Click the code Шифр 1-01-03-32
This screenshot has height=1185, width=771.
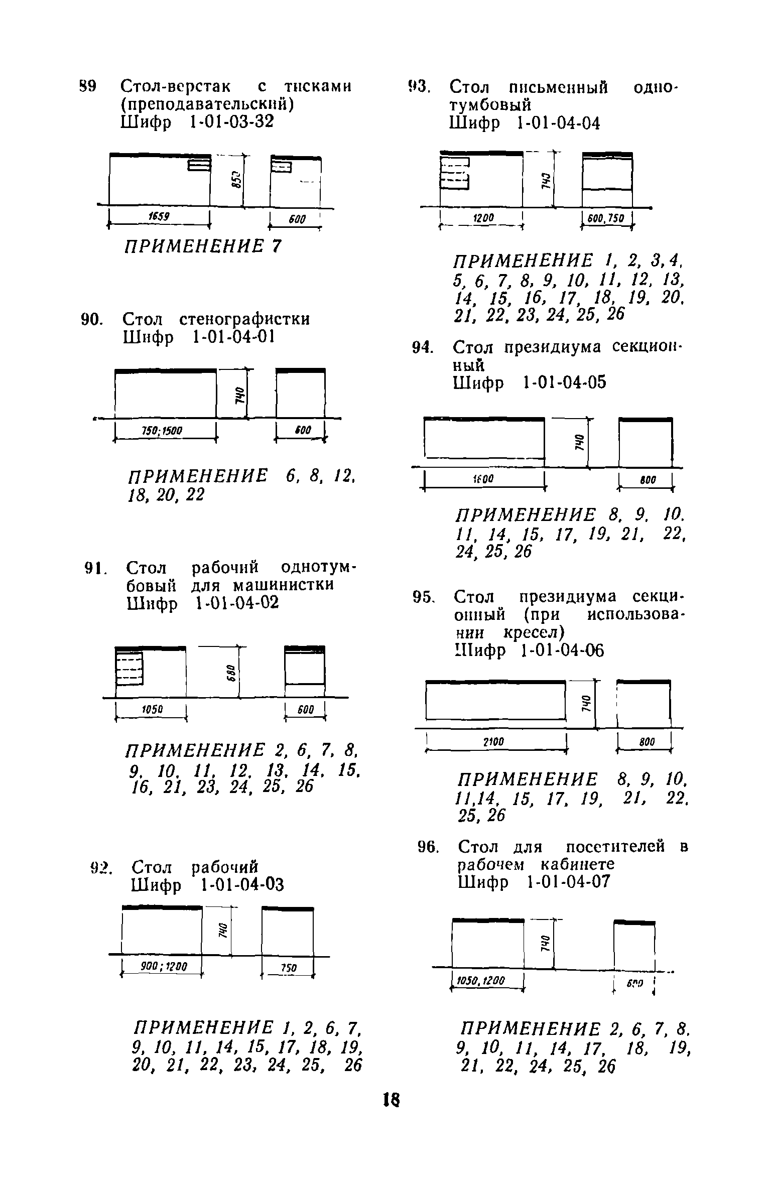(x=198, y=122)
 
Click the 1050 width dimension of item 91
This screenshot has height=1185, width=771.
(x=151, y=709)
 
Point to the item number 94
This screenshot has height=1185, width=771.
(x=422, y=347)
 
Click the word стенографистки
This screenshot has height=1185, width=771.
(x=244, y=319)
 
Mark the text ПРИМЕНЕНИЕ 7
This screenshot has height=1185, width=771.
(x=203, y=246)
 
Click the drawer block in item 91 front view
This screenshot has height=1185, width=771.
(x=130, y=668)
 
